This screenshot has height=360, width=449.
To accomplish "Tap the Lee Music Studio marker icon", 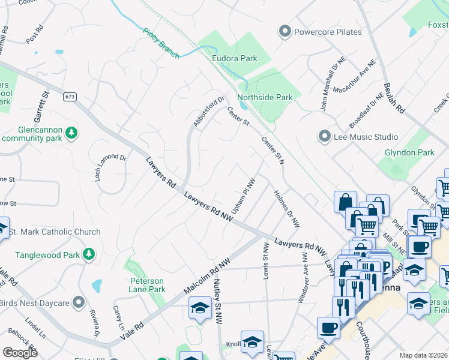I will pos(325,137).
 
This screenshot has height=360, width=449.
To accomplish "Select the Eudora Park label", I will pos(235,58).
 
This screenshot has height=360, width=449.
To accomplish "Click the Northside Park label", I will pos(265,97).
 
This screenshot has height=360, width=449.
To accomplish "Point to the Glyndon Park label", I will pos(409,152).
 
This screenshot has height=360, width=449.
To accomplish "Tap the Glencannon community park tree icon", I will pos(71,132).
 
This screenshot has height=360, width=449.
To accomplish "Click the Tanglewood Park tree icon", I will pos(89,254).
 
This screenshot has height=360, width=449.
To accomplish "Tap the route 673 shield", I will pos(70,97).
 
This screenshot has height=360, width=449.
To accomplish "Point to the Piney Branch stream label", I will pos(161,43).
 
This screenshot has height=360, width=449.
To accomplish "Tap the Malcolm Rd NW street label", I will pos(207,277).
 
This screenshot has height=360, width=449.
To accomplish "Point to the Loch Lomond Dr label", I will pos(110,167).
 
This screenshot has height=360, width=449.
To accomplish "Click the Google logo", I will pos(20,352).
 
